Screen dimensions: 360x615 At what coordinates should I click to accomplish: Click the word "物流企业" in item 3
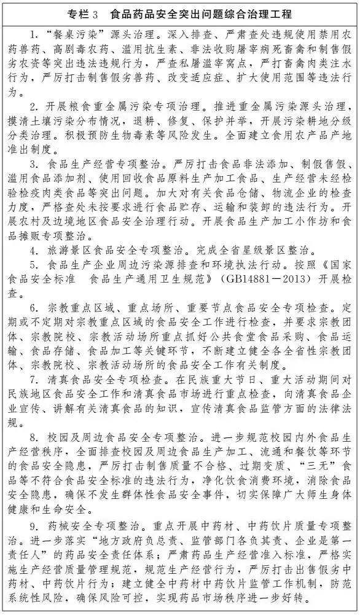click(x=257, y=195)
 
